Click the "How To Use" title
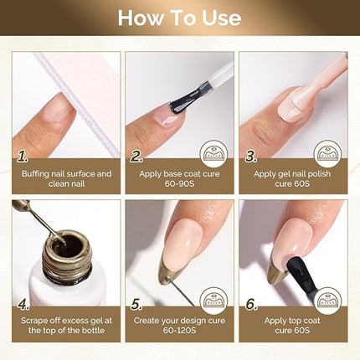click(x=180, y=18)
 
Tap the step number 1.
click(x=23, y=156)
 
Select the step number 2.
click(x=136, y=156)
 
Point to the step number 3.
click(x=249, y=156)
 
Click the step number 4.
click(x=23, y=303)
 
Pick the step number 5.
click(x=136, y=303)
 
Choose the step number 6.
click(x=249, y=303)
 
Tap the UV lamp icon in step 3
click(x=327, y=152)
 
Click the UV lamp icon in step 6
click(x=327, y=299)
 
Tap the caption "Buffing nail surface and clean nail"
click(x=66, y=180)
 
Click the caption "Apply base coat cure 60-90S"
click(x=180, y=180)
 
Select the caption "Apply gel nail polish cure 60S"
click(x=293, y=180)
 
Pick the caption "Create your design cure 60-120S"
click(x=180, y=327)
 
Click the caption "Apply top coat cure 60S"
click(x=293, y=327)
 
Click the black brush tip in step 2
click(x=181, y=102)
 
